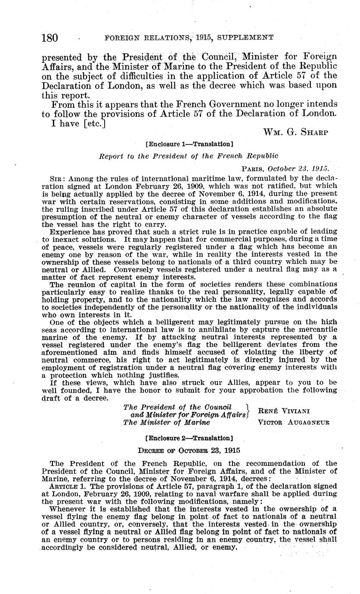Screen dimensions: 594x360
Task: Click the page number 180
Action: pyautogui.click(x=50, y=37)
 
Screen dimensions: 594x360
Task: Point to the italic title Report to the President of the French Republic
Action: pyautogui.click(x=189, y=156)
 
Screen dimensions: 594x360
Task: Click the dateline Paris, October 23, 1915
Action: pyautogui.click(x=286, y=168)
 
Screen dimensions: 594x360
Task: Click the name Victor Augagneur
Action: pyautogui.click(x=293, y=422)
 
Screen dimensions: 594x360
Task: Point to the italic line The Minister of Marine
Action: pyautogui.click(x=167, y=422)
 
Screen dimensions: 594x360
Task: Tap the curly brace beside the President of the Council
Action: pyautogui.click(x=247, y=411)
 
